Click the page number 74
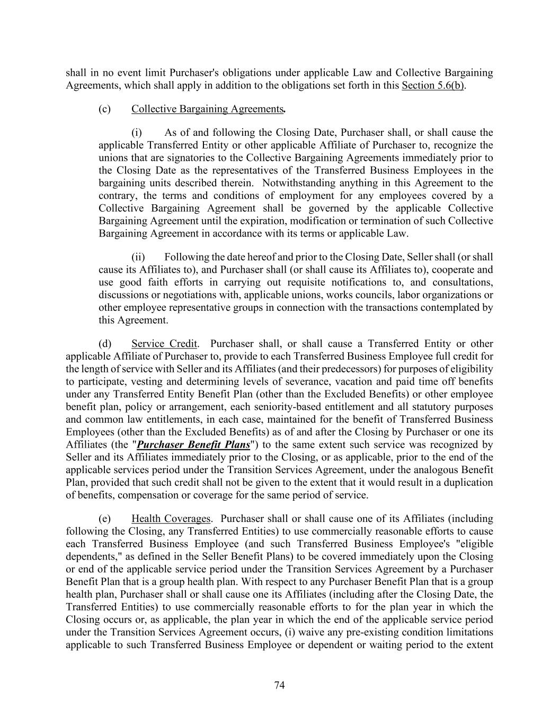click(x=279, y=685)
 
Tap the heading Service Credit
click(x=164, y=344)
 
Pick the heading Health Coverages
click(x=171, y=518)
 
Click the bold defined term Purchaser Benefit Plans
click(x=193, y=444)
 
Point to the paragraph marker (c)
click(x=104, y=109)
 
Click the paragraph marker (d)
click(x=104, y=344)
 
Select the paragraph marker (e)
click(x=104, y=518)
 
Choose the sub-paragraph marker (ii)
click(x=138, y=257)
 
